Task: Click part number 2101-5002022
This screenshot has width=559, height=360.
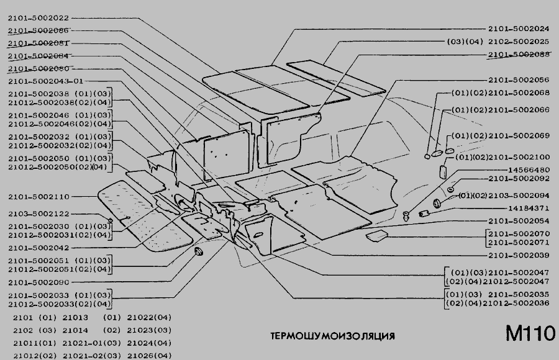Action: [39, 18]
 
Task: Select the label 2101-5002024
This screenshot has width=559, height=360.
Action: [518, 29]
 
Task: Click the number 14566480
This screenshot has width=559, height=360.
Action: [529, 169]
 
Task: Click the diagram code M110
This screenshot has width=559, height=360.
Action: [530, 334]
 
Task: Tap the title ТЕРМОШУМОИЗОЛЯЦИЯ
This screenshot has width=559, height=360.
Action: [332, 336]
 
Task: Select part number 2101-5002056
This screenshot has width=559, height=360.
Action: [518, 80]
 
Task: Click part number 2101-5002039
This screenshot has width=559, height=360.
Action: [518, 255]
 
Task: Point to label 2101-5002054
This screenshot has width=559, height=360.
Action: [518, 221]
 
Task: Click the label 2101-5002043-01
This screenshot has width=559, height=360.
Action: [46, 81]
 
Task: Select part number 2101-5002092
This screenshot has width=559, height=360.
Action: [518, 179]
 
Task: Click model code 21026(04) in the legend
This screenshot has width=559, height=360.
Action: [149, 355]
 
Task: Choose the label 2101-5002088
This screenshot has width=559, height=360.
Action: [518, 55]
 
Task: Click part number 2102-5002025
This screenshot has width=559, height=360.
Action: [518, 42]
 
